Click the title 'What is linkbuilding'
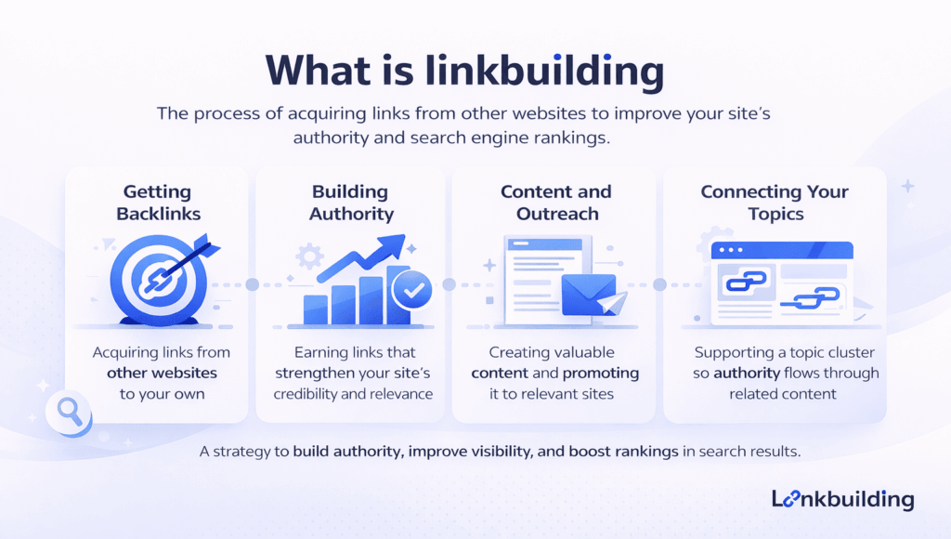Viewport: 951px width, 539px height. tap(464, 71)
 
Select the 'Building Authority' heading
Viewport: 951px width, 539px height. tap(349, 203)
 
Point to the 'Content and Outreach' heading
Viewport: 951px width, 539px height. tap(555, 203)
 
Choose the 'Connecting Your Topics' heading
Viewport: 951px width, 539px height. tap(774, 203)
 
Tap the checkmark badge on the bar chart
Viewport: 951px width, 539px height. tap(411, 292)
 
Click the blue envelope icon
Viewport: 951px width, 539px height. tap(588, 294)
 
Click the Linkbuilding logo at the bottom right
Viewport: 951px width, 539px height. tap(842, 499)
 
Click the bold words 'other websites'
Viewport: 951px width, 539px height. tap(162, 373)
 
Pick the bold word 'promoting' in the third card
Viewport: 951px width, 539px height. tap(599, 373)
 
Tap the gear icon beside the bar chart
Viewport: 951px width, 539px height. tap(308, 255)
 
